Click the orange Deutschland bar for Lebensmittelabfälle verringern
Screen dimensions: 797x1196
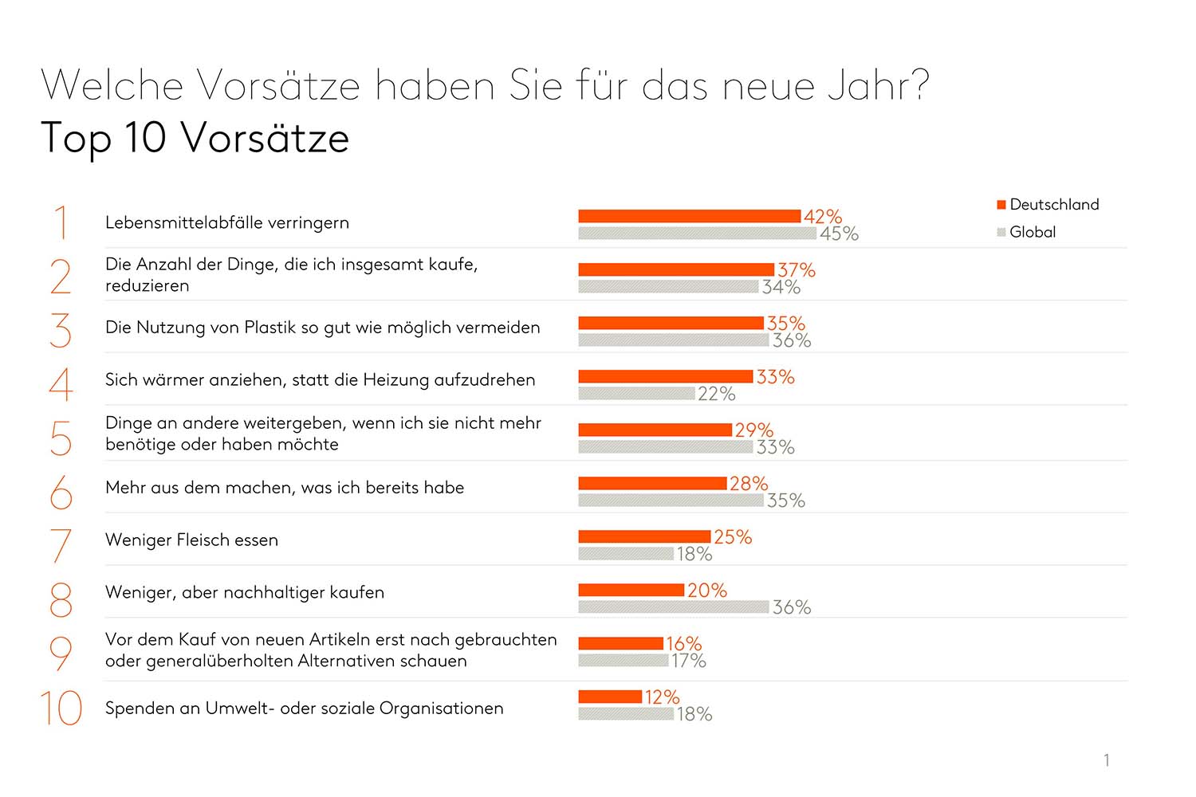tap(689, 216)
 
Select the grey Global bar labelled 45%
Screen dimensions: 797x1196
tap(697, 234)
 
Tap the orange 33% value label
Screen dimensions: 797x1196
tap(775, 377)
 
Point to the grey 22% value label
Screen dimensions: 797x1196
tap(716, 394)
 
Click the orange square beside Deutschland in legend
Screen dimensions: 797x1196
tap(1001, 205)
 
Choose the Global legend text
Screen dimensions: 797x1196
tap(1033, 232)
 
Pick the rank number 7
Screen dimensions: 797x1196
tap(61, 546)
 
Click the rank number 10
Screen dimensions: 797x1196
tap(61, 709)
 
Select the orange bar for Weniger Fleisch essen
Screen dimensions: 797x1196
tap(644, 536)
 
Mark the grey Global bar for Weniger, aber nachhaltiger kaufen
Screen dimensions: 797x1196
tap(674, 607)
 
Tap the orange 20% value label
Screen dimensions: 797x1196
tap(706, 591)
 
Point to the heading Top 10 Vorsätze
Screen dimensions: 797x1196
tap(195, 138)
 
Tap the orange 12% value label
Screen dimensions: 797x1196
tap(662, 697)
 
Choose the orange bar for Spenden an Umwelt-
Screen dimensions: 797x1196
tap(610, 697)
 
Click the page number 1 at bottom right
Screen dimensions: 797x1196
tap(1107, 760)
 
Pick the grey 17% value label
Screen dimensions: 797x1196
tap(688, 661)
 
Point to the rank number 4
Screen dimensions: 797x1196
tap(61, 384)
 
